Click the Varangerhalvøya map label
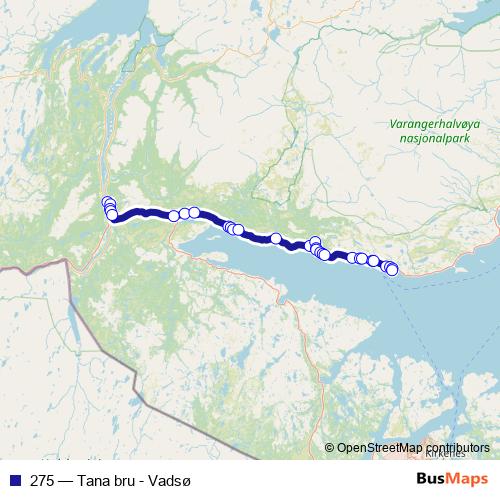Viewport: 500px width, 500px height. point(437,126)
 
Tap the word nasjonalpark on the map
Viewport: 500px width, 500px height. point(437,141)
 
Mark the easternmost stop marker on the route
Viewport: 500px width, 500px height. point(392,269)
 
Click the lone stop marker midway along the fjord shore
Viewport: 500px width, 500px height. point(275,238)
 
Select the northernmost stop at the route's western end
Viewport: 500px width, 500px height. point(107,203)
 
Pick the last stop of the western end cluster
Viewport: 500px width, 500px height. point(112,215)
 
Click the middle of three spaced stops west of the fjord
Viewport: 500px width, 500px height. point(184,213)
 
